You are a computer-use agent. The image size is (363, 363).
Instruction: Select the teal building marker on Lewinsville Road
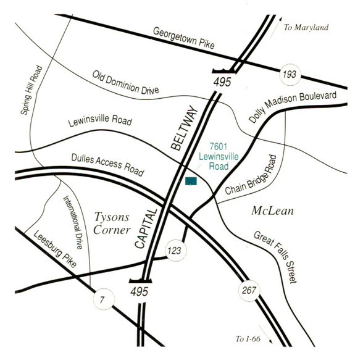191,181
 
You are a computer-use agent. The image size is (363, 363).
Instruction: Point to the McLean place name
272,211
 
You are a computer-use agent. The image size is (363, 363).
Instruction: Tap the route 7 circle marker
102,299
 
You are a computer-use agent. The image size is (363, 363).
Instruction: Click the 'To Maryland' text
306,28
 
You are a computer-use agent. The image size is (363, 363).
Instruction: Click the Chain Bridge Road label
254,178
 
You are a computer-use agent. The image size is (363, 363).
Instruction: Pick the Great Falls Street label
275,257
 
